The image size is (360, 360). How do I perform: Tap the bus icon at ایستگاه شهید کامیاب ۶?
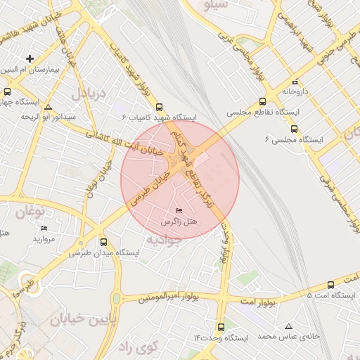click(x=161, y=105)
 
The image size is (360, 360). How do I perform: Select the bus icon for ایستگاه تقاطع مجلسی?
click(x=262, y=101)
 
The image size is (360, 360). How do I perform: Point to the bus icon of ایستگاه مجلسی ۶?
click(x=294, y=129)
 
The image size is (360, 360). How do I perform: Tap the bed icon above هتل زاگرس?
click(x=179, y=210)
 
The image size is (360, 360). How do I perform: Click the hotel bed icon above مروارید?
click(x=44, y=229)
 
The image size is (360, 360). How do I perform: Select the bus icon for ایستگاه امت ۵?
click(x=331, y=285)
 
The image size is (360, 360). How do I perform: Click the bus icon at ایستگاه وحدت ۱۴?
click(x=221, y=327)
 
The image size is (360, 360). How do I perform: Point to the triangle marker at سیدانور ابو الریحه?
click(x=48, y=108)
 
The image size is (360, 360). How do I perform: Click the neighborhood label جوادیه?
click(x=165, y=239)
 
